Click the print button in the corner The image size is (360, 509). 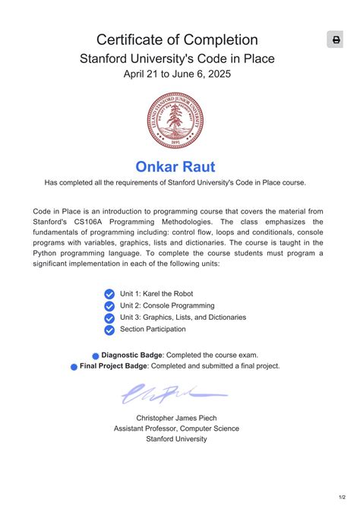tap(336, 40)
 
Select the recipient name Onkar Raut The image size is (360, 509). tap(175, 166)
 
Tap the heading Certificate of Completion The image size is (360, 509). tap(177, 40)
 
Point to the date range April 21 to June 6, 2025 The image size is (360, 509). tap(177, 74)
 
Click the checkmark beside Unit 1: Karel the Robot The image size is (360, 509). tap(109, 294)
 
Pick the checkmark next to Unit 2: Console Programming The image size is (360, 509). tap(109, 306)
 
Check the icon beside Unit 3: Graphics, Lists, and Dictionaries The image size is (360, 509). tap(109, 318)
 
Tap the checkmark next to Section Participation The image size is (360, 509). tap(109, 330)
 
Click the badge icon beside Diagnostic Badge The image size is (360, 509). tap(96, 355)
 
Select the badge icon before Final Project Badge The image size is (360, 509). tap(74, 366)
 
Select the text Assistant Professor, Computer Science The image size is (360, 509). tap(176, 428)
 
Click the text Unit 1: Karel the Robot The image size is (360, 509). tap(156, 293)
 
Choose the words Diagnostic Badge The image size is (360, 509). tap(131, 355)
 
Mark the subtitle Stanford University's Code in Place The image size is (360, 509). tap(177, 58)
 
